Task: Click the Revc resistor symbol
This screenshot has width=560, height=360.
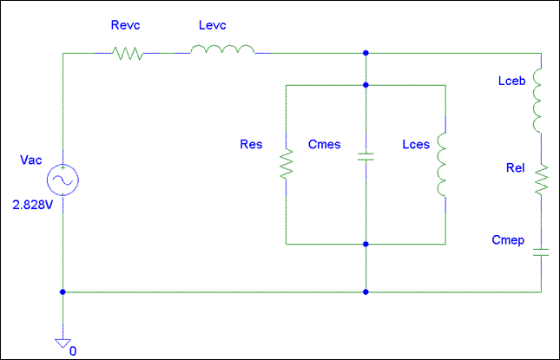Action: (128, 54)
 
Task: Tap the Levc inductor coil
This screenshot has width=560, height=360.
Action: (222, 49)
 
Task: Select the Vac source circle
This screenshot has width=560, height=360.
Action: (63, 180)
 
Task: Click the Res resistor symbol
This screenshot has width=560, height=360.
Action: (287, 164)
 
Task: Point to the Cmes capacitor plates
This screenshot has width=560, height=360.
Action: (366, 157)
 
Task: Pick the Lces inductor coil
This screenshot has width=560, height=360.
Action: (441, 165)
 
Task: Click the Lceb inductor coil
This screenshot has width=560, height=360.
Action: (537, 101)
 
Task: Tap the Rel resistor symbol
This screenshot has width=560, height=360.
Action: (542, 180)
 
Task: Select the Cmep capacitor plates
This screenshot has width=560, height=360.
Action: (541, 252)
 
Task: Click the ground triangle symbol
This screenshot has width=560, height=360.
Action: (63, 344)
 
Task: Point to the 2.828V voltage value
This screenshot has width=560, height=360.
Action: (33, 205)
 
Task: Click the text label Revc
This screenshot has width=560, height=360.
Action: (125, 25)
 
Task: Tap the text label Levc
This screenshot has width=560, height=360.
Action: (213, 25)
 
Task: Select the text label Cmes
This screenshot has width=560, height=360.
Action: (325, 144)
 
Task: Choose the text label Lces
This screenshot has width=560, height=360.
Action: (416, 144)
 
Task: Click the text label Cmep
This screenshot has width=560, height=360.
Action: (508, 240)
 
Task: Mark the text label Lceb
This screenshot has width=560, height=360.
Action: (511, 81)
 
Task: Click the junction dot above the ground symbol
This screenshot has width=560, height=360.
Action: (63, 291)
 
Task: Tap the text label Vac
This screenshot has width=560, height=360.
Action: (30, 160)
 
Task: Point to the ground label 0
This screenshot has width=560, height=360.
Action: (73, 351)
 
